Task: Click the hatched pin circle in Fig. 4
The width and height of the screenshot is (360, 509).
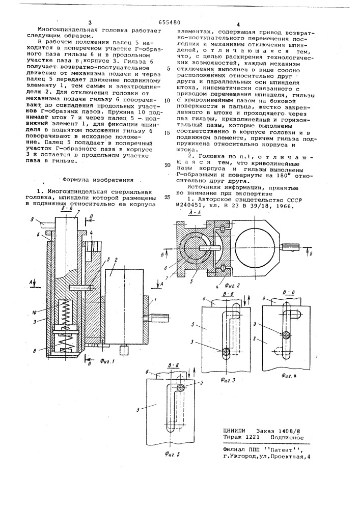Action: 288,335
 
